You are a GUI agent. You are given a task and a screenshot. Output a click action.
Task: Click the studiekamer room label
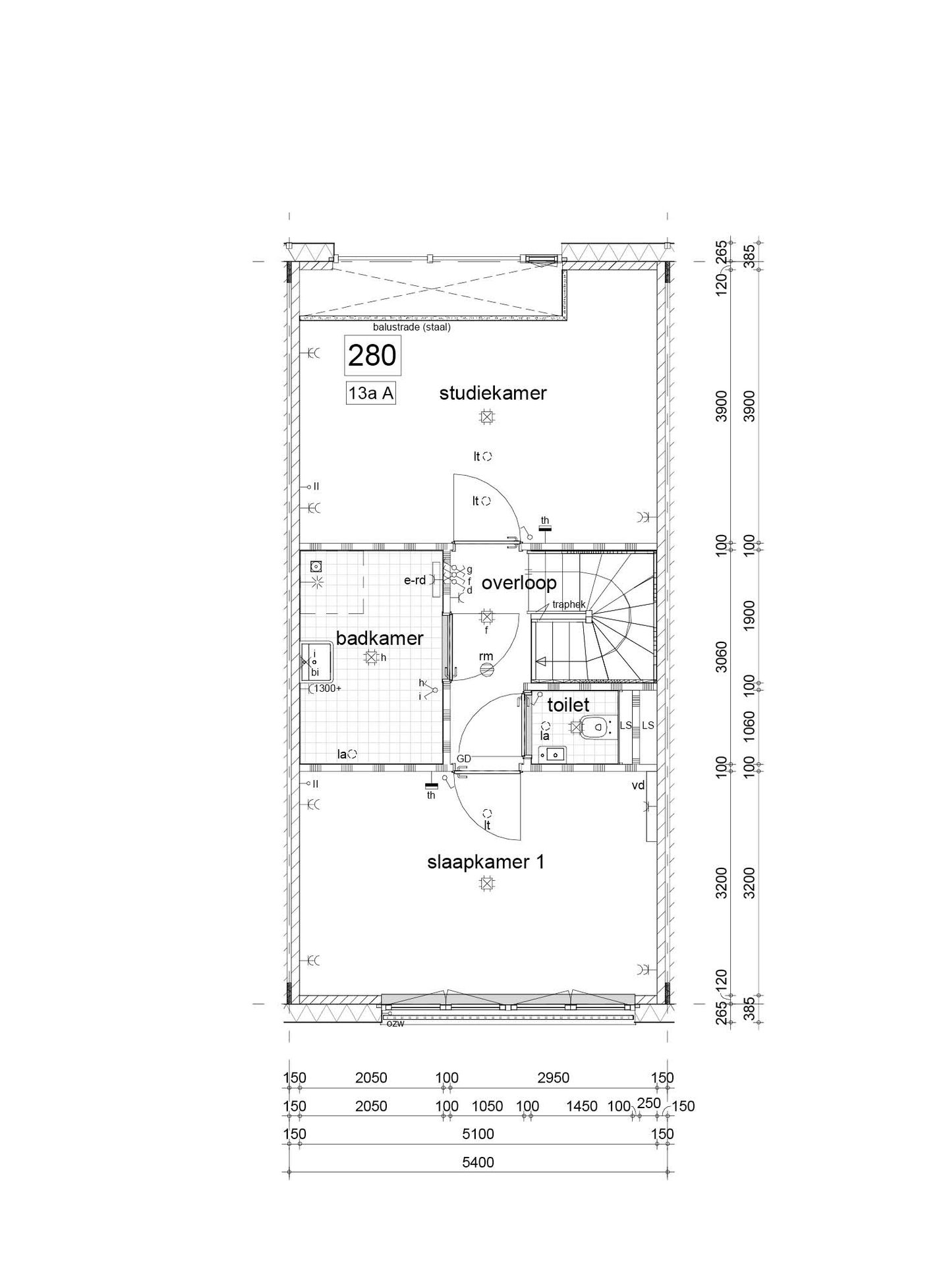coord(493,393)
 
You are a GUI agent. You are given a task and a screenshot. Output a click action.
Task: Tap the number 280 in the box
coord(372,356)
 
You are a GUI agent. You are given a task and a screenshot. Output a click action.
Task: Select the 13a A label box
coord(371,393)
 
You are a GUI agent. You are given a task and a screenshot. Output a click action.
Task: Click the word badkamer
coord(379,638)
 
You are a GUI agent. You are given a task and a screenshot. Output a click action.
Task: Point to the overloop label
coord(519,582)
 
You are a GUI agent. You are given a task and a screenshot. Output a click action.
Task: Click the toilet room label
coord(568,705)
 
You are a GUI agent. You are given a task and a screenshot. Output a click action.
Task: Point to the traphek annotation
coord(569,604)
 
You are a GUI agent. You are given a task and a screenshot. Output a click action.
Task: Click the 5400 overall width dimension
coord(478,1181)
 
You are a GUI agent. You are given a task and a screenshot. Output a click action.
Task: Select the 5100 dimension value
coord(478,1152)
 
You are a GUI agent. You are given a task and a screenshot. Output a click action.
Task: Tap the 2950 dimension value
coord(553,1096)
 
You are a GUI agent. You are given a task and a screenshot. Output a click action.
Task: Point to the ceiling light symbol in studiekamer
coord(486,416)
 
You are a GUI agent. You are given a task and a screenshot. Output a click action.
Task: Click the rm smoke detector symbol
coord(486,669)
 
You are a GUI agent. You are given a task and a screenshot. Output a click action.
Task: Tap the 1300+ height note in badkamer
coord(328,689)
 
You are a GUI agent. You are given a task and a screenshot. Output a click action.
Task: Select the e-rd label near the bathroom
coord(415,580)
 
